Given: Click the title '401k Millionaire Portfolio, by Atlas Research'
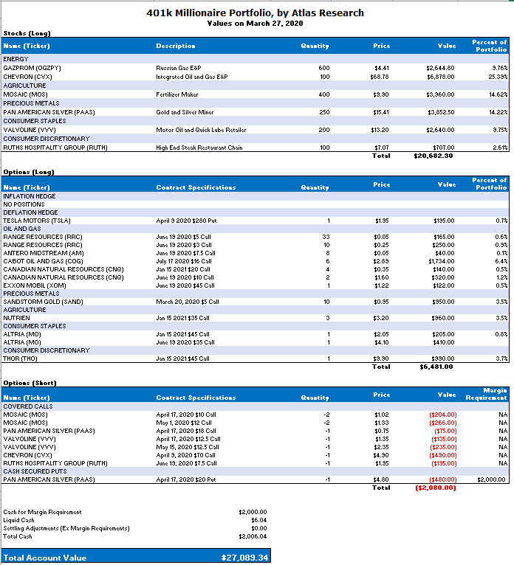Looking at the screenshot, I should click(256, 13).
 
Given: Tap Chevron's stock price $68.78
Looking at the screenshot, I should click(380, 76).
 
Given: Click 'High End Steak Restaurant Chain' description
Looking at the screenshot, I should click(199, 148).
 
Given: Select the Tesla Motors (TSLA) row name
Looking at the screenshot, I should click(36, 221).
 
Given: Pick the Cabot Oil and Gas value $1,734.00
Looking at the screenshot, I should click(442, 261).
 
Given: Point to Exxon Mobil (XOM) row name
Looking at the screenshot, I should click(35, 285).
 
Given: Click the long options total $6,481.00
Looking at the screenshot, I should click(436, 367).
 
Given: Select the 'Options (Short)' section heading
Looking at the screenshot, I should click(30, 383).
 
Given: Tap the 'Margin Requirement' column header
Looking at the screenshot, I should click(486, 394).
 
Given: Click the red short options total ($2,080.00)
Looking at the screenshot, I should click(435, 488).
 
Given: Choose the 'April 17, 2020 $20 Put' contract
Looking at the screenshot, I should click(186, 479).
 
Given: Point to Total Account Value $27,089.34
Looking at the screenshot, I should click(244, 558).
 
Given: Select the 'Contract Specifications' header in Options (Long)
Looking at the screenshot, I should click(196, 187).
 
